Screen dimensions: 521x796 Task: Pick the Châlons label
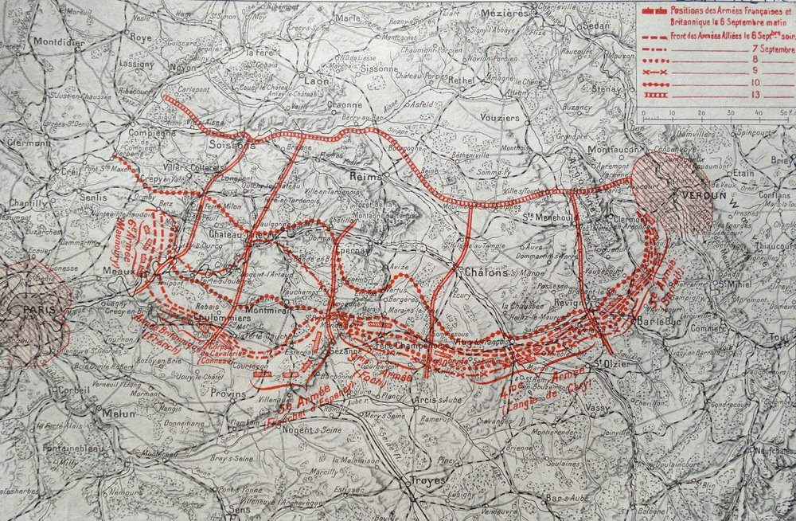pyautogui.click(x=482, y=272)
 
